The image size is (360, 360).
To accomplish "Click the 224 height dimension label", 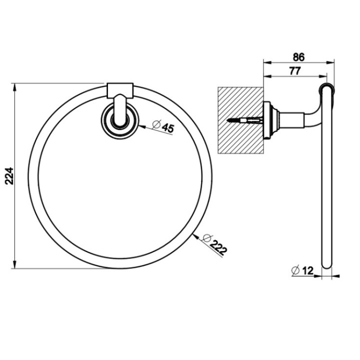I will [x=9, y=175].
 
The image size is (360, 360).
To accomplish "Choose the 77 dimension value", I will [x=294, y=71].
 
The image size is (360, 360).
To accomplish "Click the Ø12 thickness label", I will [x=302, y=270].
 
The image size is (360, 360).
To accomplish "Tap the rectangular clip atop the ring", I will [x=120, y=90].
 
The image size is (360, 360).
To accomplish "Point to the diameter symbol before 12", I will [x=294, y=270].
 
